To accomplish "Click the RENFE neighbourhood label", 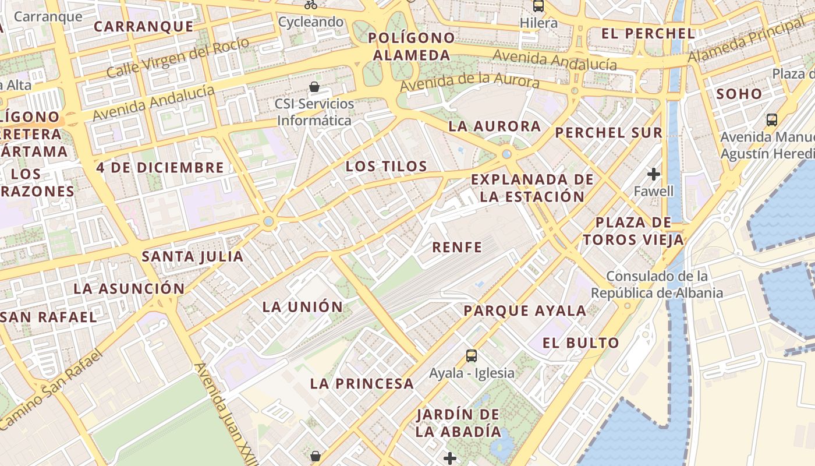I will tap(457, 247).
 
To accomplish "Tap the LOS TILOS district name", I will tap(387, 166).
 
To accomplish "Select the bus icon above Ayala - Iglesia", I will tap(472, 355).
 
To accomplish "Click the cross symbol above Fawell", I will tap(654, 174).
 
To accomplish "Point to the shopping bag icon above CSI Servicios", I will tap(314, 87).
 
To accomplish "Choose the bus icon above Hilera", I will tap(538, 6).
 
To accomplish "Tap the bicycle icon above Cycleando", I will tap(311, 5).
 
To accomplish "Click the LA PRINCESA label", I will tap(362, 383).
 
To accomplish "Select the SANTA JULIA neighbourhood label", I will tap(193, 256).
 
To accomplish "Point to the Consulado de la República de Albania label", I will tap(657, 284).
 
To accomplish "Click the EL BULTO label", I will tap(580, 343).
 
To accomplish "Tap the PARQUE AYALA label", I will tap(525, 310).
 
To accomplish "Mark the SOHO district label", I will tap(739, 93).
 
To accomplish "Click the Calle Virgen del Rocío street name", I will tap(178, 58).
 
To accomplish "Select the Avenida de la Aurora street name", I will tap(469, 82).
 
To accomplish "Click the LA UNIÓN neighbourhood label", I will tap(303, 306).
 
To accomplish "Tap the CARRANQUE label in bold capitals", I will tap(143, 26).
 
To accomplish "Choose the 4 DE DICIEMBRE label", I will tap(160, 167).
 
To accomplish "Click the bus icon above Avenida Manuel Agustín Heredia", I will tap(772, 120).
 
